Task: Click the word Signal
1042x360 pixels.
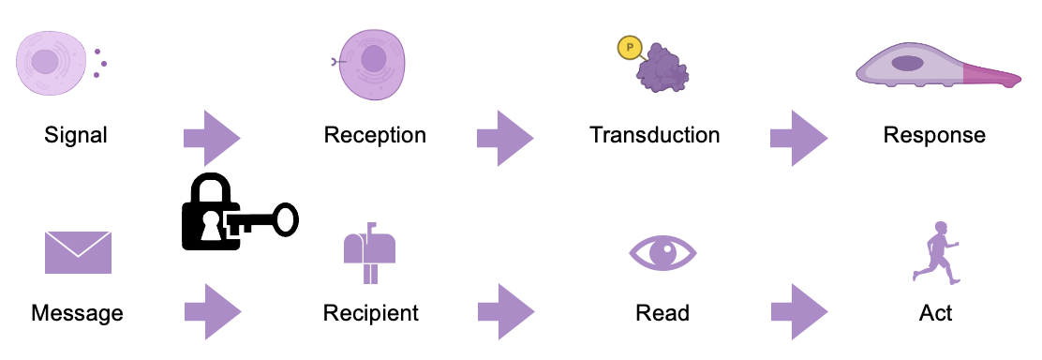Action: tap(76, 135)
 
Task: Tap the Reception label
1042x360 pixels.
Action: tap(375, 135)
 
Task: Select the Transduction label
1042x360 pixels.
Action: tap(655, 135)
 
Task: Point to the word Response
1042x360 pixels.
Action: tap(934, 135)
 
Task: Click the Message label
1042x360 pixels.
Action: tap(78, 312)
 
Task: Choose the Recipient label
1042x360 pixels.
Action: tap(371, 312)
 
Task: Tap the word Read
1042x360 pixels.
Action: tap(662, 312)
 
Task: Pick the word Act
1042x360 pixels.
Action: tap(936, 312)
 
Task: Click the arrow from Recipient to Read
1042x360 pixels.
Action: tap(505, 312)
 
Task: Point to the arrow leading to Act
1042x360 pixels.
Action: tap(798, 312)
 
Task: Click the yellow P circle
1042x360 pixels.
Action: tap(630, 49)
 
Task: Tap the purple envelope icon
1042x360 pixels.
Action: tap(78, 251)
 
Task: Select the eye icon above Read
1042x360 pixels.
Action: tap(662, 252)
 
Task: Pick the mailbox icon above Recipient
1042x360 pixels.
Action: tap(370, 251)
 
